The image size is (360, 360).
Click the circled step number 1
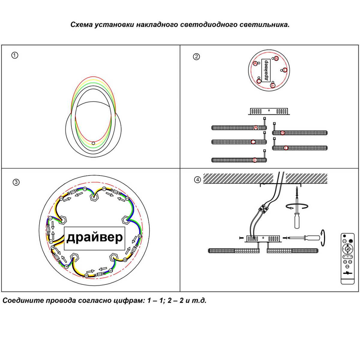point(15,55)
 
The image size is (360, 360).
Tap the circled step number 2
point(196,57)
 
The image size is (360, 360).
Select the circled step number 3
point(16,182)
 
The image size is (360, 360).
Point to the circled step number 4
point(197,180)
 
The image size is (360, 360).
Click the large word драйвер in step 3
point(94,237)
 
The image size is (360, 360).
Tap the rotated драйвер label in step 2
point(266,70)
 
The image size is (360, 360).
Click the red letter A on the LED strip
point(256,128)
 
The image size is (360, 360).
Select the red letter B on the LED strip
point(283,133)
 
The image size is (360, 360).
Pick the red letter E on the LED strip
point(255,160)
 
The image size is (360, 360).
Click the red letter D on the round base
point(285,70)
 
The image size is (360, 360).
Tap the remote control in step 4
point(347,258)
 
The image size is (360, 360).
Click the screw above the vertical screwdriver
point(297,192)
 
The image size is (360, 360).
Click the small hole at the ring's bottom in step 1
point(93,143)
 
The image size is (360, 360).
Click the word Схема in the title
point(82,25)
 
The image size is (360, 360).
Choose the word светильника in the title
point(264,25)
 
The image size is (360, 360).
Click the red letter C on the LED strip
point(253,142)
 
